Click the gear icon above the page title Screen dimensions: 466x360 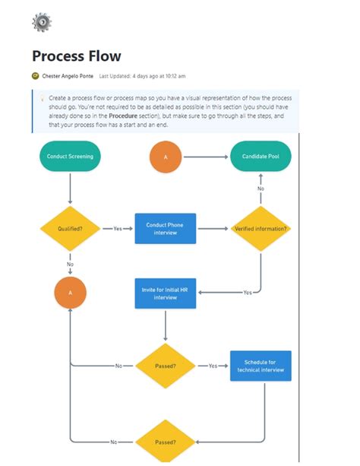[x=41, y=22]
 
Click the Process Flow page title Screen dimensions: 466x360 [x=76, y=56]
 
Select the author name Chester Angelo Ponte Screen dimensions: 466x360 [x=68, y=76]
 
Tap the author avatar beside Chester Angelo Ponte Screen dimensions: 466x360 [x=35, y=76]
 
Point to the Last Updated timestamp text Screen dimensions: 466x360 [x=142, y=76]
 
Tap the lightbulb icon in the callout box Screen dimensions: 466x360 [x=42, y=99]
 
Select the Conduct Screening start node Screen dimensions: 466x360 [x=70, y=156]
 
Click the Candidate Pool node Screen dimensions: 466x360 [x=261, y=157]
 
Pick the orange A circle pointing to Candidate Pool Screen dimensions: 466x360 [x=166, y=157]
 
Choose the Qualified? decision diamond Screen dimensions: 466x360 [x=70, y=228]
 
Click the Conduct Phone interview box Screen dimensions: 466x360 [x=165, y=228]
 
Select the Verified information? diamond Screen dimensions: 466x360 [x=261, y=228]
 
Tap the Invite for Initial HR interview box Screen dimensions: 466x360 [x=165, y=293]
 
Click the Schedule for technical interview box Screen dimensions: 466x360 [x=261, y=366]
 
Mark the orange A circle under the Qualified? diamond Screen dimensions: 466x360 [x=70, y=293]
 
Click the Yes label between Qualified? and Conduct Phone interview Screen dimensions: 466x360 [x=118, y=228]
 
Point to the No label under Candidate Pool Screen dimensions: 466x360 [x=261, y=188]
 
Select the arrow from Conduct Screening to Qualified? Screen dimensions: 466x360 [x=70, y=188]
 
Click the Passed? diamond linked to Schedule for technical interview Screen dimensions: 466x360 [x=166, y=366]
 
